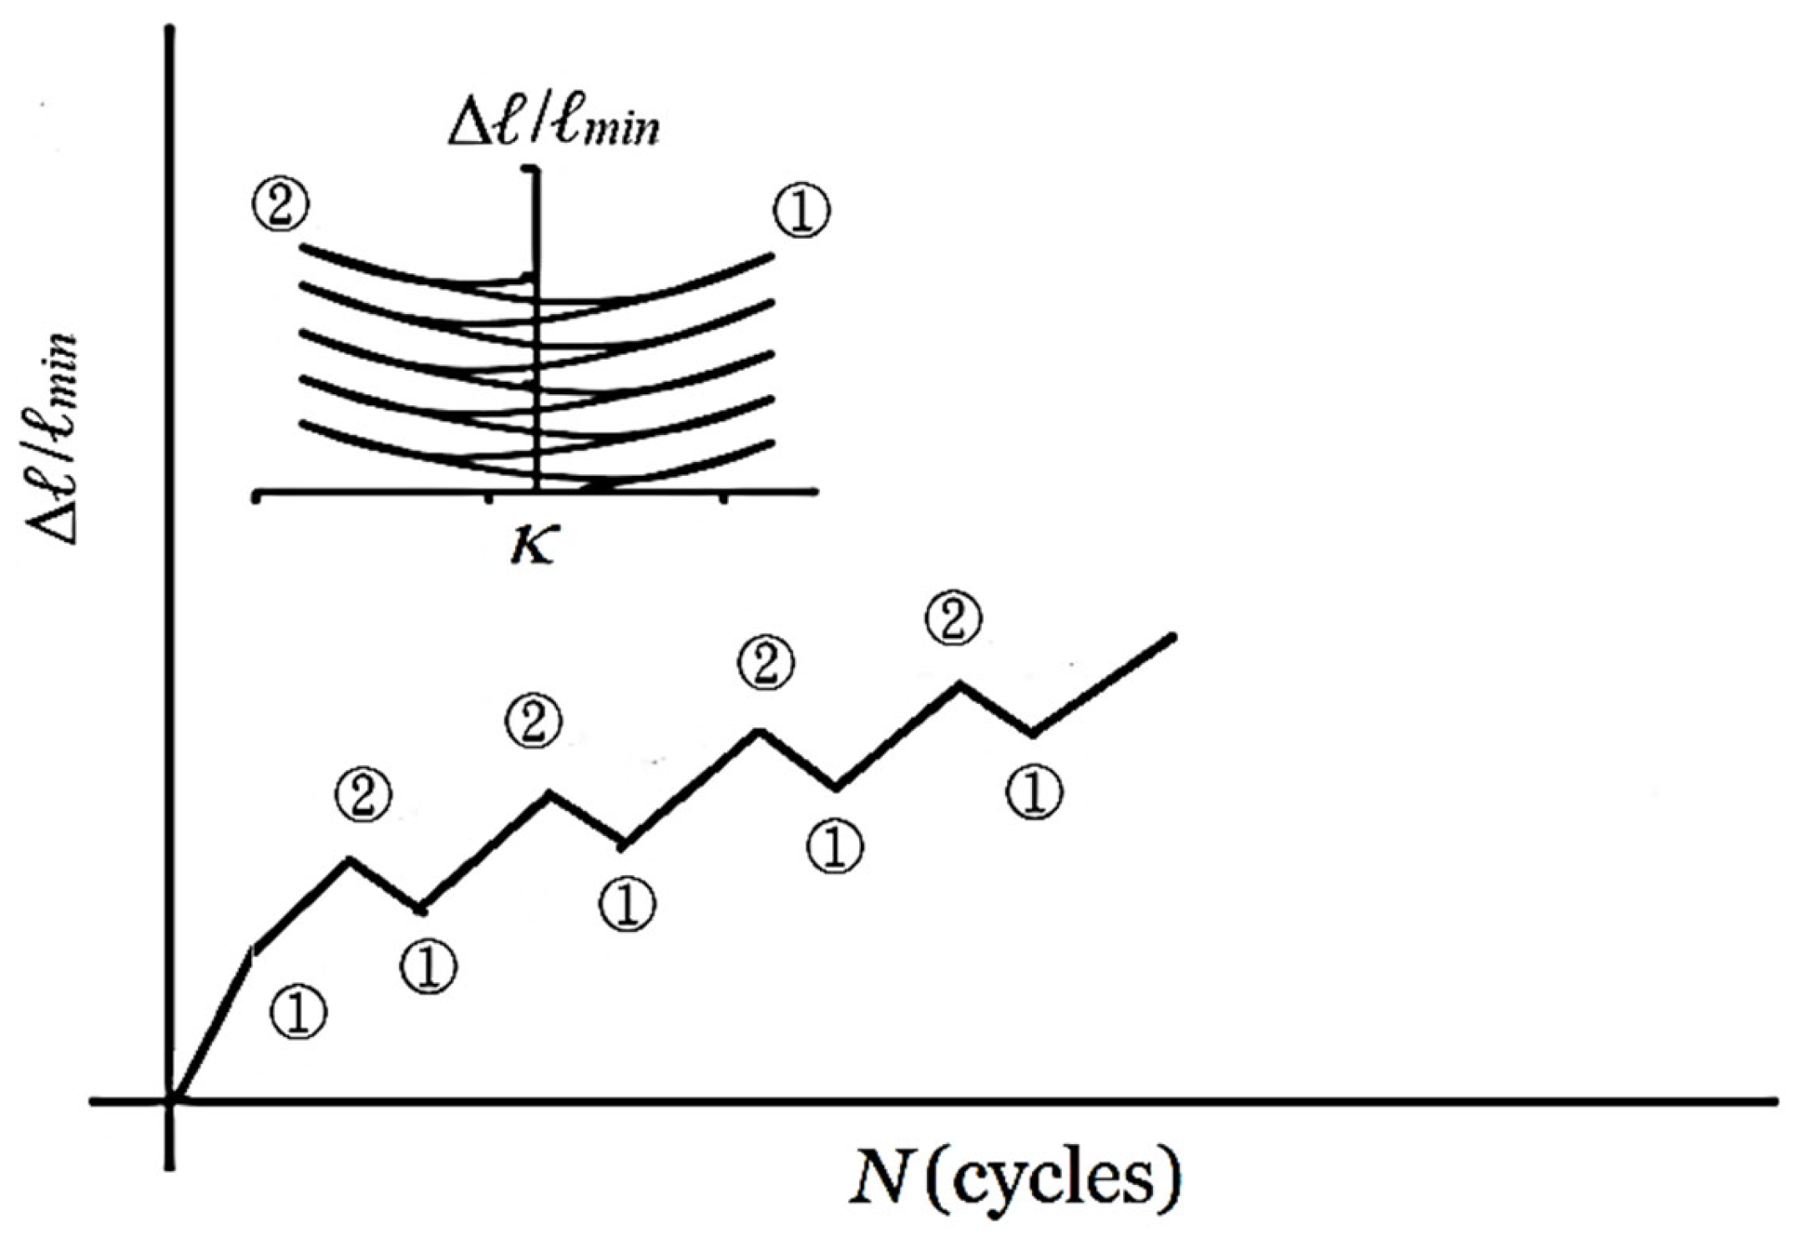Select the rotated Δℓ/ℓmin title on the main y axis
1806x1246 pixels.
52,440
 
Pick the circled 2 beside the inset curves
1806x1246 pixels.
280,205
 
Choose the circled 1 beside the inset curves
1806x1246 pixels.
802,212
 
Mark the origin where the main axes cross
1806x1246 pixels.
170,1102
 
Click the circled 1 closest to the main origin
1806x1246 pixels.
299,1012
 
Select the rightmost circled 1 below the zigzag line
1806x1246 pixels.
1035,792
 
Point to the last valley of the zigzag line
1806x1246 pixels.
1034,734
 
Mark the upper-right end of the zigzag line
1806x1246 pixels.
1173,637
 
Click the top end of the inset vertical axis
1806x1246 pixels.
531,171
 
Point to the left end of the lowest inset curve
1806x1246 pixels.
301,424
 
